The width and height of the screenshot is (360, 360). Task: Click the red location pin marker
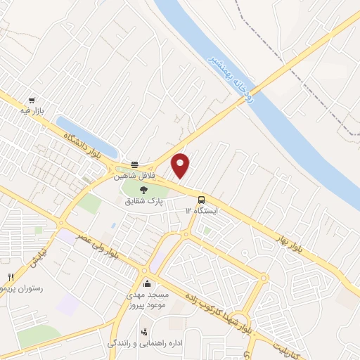click(181, 165)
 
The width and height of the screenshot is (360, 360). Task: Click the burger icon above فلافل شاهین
click(134, 163)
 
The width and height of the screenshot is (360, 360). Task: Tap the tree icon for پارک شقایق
click(144, 189)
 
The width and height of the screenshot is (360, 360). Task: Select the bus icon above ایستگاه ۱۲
click(202, 199)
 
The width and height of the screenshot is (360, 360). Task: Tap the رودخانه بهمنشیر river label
click(240, 83)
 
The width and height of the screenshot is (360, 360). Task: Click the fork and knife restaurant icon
click(10, 277)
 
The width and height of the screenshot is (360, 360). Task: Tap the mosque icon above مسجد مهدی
click(147, 283)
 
